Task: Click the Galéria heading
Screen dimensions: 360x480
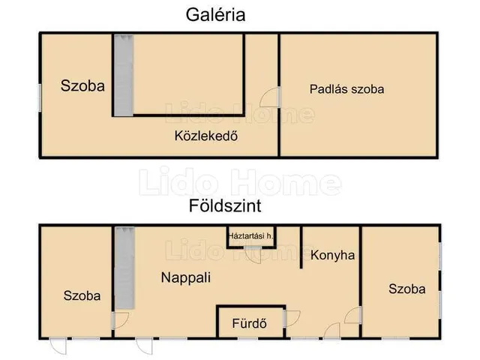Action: [x=216, y=15]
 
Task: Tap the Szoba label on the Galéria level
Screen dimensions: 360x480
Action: [x=82, y=85]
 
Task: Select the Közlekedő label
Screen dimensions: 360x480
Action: [x=200, y=136]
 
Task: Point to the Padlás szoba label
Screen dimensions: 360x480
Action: [x=346, y=88]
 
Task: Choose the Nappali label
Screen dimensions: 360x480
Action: [x=186, y=277]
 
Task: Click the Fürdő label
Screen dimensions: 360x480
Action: [x=250, y=324]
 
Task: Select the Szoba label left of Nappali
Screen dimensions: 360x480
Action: [x=82, y=295]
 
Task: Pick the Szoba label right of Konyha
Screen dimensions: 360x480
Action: [x=406, y=289]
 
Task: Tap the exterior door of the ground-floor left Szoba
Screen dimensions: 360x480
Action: [x=58, y=344]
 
